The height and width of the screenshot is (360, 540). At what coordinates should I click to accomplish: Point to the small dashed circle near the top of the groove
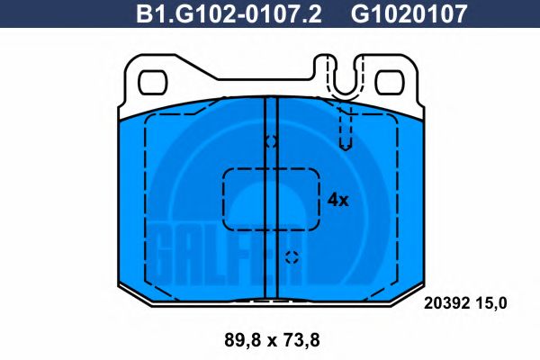[271, 141]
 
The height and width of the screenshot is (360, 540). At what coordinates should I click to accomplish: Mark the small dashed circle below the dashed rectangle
[292, 257]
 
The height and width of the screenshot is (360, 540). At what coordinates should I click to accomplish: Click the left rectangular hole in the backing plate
[152, 82]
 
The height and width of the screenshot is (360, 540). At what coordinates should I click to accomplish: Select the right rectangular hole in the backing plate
[390, 82]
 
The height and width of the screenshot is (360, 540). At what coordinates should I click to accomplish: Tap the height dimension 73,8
[302, 340]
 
